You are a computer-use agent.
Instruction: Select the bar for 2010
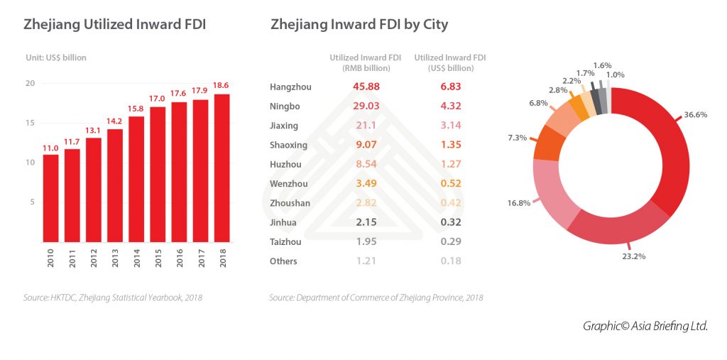[50, 198]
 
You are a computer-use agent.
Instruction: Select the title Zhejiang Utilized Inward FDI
[115, 25]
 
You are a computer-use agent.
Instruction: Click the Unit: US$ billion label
[56, 58]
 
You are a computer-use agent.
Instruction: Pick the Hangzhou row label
[290, 87]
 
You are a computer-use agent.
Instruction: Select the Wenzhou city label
[289, 184]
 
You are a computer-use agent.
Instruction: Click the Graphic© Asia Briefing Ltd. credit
[645, 326]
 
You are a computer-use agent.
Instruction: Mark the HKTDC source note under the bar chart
[112, 298]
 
